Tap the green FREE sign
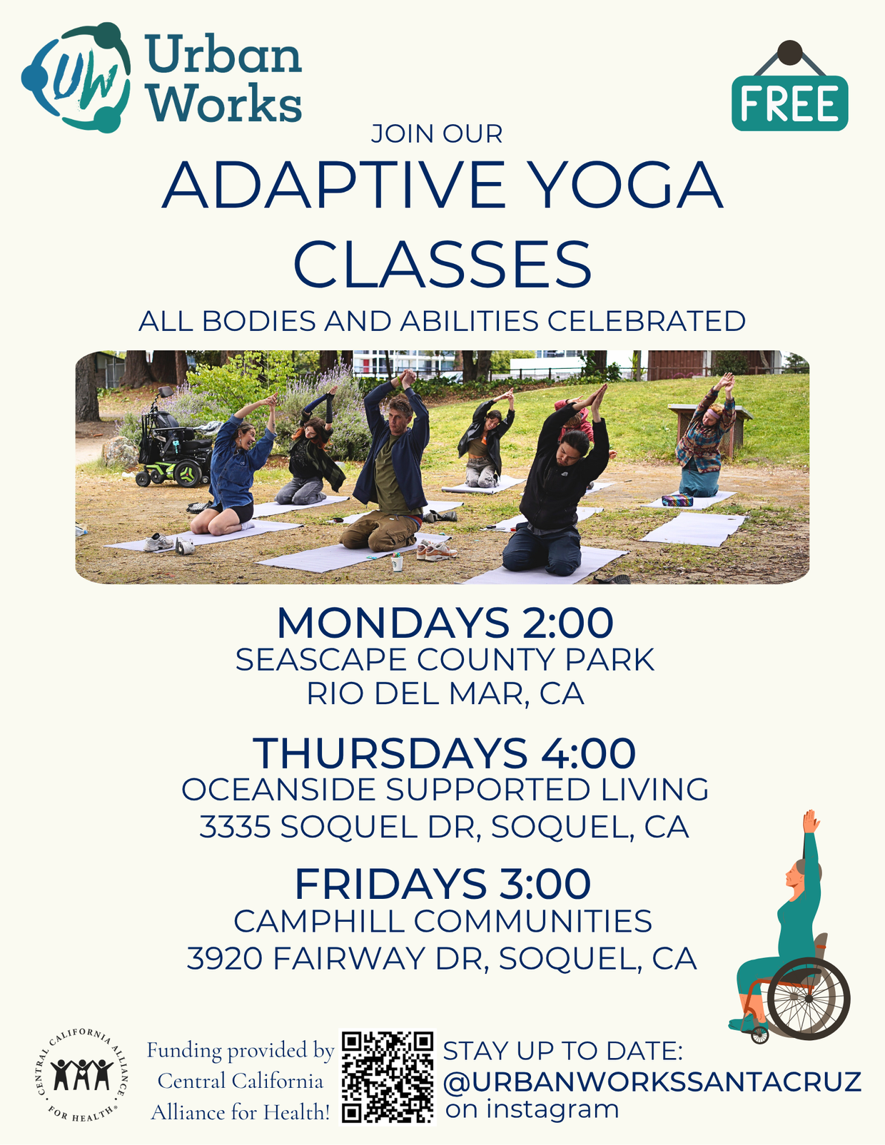[789, 104]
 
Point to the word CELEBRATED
[646, 322]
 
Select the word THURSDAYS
[390, 753]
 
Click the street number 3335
[235, 827]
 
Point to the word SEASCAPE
[322, 660]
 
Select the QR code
[388, 1077]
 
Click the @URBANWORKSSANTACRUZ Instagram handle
[652, 1082]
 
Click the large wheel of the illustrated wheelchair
[809, 998]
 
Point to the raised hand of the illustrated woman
[809, 820]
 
